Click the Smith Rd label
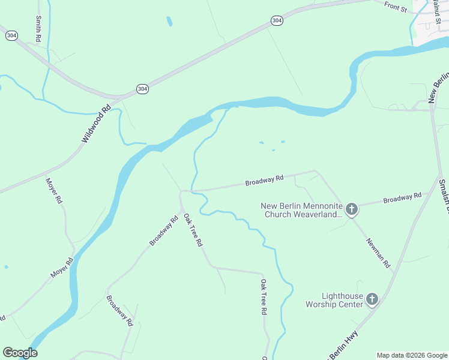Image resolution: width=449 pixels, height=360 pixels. [x=39, y=26]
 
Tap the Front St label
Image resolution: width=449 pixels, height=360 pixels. [x=396, y=7]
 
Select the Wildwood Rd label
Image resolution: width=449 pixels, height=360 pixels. [x=97, y=124]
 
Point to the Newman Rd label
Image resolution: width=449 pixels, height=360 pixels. [x=379, y=252]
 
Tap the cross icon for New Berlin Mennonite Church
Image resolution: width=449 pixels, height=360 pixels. [x=352, y=209]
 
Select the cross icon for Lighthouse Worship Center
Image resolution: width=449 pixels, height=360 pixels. [x=372, y=299]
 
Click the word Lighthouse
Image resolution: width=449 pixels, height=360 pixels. [x=342, y=296]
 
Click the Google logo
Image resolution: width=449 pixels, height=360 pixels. [x=20, y=352]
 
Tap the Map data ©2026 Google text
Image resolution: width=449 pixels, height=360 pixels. [x=411, y=355]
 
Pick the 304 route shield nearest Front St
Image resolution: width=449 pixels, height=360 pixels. [x=276, y=20]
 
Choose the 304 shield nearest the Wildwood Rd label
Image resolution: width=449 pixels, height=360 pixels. [x=142, y=89]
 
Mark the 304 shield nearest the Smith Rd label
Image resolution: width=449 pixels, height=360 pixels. [x=11, y=35]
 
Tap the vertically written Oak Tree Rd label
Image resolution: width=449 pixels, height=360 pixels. [x=263, y=297]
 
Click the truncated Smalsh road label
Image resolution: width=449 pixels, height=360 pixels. [x=443, y=195]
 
